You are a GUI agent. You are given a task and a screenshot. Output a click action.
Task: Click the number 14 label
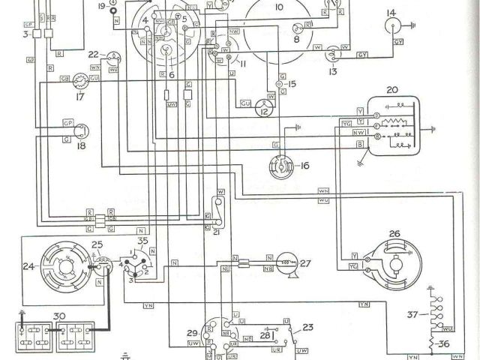pyautogui.click(x=391, y=13)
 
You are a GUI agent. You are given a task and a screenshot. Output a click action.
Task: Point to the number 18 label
pyautogui.click(x=81, y=146)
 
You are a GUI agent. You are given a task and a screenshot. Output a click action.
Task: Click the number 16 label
pyautogui.click(x=304, y=165)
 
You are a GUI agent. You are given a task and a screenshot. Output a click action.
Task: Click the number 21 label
pyautogui.click(x=217, y=232)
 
